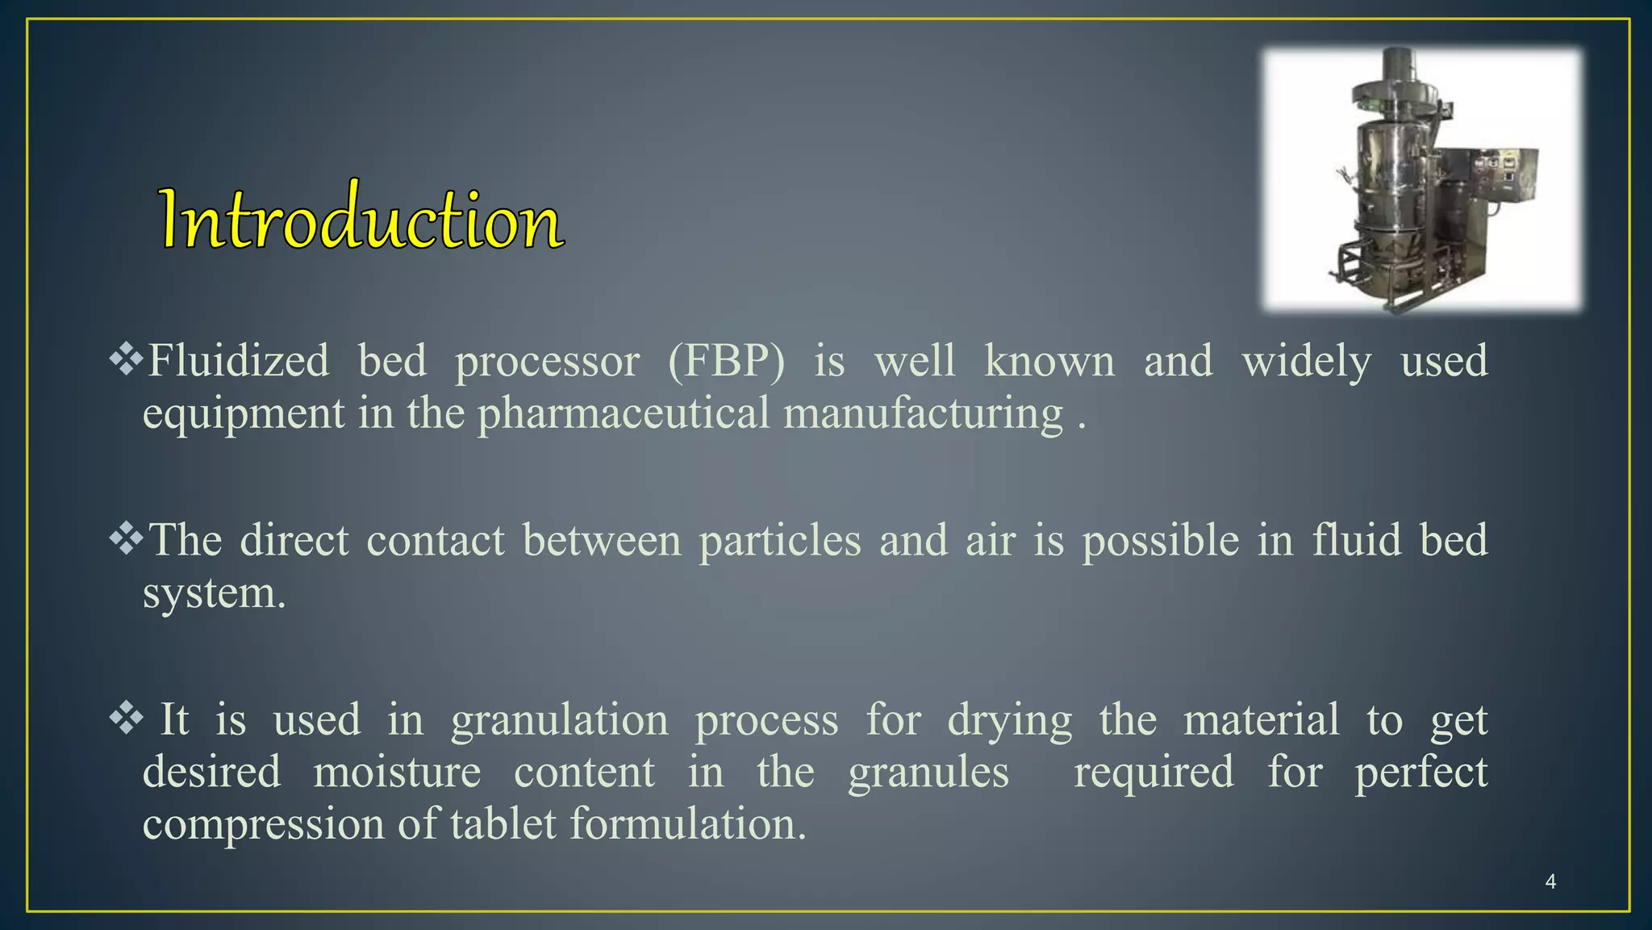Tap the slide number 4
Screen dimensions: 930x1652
point(1550,882)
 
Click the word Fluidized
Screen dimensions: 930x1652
point(239,360)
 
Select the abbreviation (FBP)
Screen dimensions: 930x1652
point(726,360)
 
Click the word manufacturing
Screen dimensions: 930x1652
point(923,413)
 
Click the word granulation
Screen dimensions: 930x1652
point(560,719)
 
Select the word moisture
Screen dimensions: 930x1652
point(397,772)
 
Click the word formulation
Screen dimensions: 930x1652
point(687,824)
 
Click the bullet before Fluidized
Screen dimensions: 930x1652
point(126,359)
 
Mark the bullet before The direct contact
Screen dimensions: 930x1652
point(126,538)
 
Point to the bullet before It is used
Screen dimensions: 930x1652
point(126,718)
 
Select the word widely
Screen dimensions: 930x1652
point(1306,361)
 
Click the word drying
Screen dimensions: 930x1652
point(1009,720)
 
